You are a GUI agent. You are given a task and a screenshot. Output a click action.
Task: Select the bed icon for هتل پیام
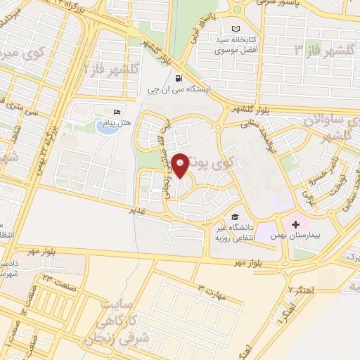pyautogui.click(x=117, y=112)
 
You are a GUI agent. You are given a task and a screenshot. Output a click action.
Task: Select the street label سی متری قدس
pyautogui.click(x=31, y=115)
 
